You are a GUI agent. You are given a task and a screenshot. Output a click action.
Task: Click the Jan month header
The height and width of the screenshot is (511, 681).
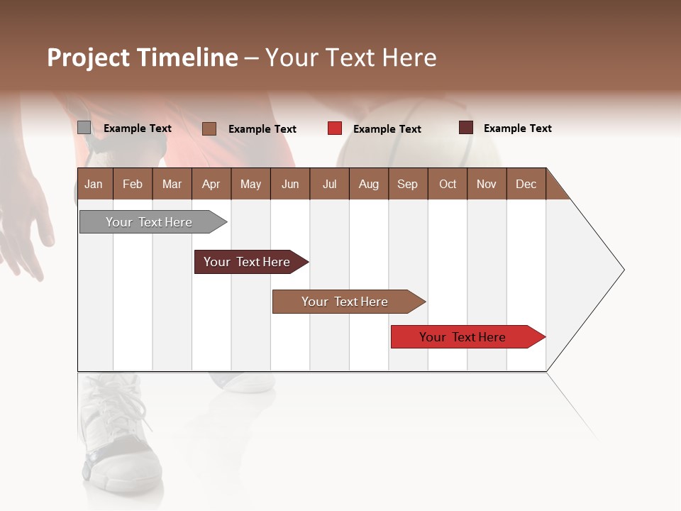[94, 184]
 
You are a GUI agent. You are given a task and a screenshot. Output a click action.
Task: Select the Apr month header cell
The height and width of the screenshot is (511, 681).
[211, 184]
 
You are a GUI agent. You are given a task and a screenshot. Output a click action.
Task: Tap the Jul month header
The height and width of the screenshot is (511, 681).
[329, 184]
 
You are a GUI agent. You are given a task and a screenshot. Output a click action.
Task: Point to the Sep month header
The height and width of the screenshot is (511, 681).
[407, 184]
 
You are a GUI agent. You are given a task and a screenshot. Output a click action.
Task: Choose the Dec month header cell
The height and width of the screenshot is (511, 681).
[526, 184]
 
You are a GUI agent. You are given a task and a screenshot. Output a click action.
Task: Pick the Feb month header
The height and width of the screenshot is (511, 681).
[133, 184]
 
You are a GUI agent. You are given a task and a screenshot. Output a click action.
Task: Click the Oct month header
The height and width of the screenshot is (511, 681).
[448, 184]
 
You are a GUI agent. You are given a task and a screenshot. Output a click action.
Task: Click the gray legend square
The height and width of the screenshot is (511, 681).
[84, 128]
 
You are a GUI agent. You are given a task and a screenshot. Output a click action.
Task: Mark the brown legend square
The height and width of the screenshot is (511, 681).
[209, 128]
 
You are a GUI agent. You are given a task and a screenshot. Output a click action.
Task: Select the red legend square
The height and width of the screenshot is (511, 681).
[335, 128]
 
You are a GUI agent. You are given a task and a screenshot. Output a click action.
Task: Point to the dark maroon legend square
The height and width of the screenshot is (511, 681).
[465, 128]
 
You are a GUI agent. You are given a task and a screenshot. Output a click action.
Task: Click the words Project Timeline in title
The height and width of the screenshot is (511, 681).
[143, 57]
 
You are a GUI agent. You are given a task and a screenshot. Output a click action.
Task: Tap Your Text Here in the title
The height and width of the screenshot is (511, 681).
[350, 57]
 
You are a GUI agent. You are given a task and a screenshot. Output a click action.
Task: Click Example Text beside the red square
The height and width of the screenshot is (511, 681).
[387, 129]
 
